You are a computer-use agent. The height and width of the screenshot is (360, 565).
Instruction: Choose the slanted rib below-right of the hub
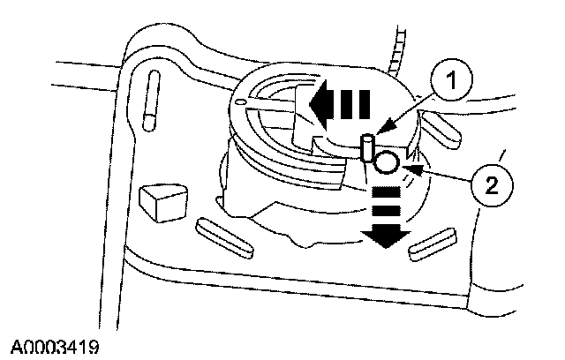[433, 244]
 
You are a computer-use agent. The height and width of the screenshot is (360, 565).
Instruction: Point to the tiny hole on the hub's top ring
[240, 102]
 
